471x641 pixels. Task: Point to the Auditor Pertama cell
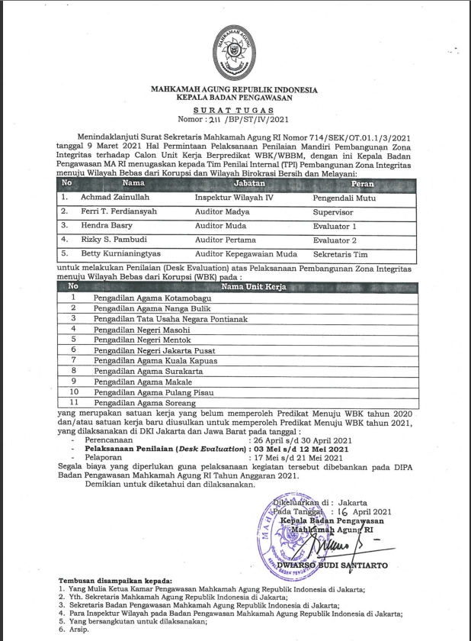pos(220,240)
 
